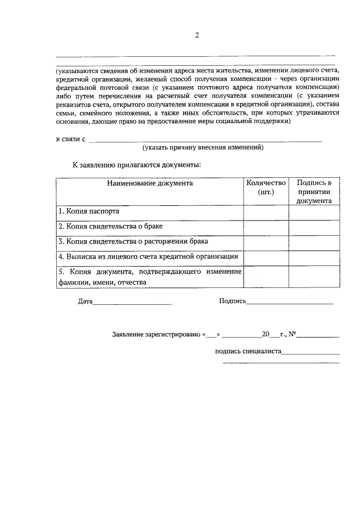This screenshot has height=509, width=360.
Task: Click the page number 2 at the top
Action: pos(197,35)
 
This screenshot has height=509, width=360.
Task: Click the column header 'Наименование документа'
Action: pos(150,183)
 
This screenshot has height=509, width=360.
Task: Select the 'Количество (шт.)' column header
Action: pos(266,187)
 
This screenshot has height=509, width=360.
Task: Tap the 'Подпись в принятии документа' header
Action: pos(314,191)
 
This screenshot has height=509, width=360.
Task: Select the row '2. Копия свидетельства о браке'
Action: pos(111,227)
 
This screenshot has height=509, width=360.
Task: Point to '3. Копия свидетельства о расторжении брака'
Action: pos(133,241)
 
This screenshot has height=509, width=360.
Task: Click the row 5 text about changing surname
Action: pos(150,277)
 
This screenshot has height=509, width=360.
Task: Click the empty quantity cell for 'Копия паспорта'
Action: pos(266,212)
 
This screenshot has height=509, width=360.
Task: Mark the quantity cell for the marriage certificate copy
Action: pos(266,227)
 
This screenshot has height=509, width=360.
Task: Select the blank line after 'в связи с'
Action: pos(205,140)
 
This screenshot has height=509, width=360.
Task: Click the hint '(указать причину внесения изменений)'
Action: pos(203,147)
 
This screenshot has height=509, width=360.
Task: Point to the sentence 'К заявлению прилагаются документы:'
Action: pos(136,165)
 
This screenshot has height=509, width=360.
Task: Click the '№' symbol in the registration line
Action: pos(292,335)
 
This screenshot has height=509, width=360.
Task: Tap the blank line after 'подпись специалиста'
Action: pos(311,353)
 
